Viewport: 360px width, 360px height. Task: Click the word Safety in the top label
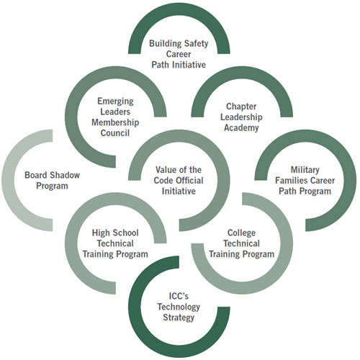pyautogui.click(x=196, y=44)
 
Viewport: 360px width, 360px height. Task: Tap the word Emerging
pyautogui.click(x=115, y=102)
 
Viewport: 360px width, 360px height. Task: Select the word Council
pyautogui.click(x=115, y=133)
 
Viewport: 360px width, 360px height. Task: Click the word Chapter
pyautogui.click(x=241, y=107)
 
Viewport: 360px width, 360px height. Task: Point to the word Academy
pyautogui.click(x=241, y=127)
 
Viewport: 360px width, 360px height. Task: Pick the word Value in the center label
pyautogui.click(x=166, y=170)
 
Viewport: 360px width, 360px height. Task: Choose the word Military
pyautogui.click(x=305, y=170)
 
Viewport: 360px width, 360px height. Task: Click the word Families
pyautogui.click(x=289, y=181)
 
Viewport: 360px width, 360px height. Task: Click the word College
pyautogui.click(x=241, y=233)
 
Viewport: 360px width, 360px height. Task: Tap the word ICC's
pyautogui.click(x=179, y=296)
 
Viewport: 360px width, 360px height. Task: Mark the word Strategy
pyautogui.click(x=179, y=318)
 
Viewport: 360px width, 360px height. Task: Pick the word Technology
pyautogui.click(x=179, y=307)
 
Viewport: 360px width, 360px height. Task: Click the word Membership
pyautogui.click(x=115, y=122)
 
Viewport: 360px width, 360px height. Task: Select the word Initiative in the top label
pyautogui.click(x=190, y=65)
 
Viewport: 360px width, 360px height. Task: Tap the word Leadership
pyautogui.click(x=241, y=117)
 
